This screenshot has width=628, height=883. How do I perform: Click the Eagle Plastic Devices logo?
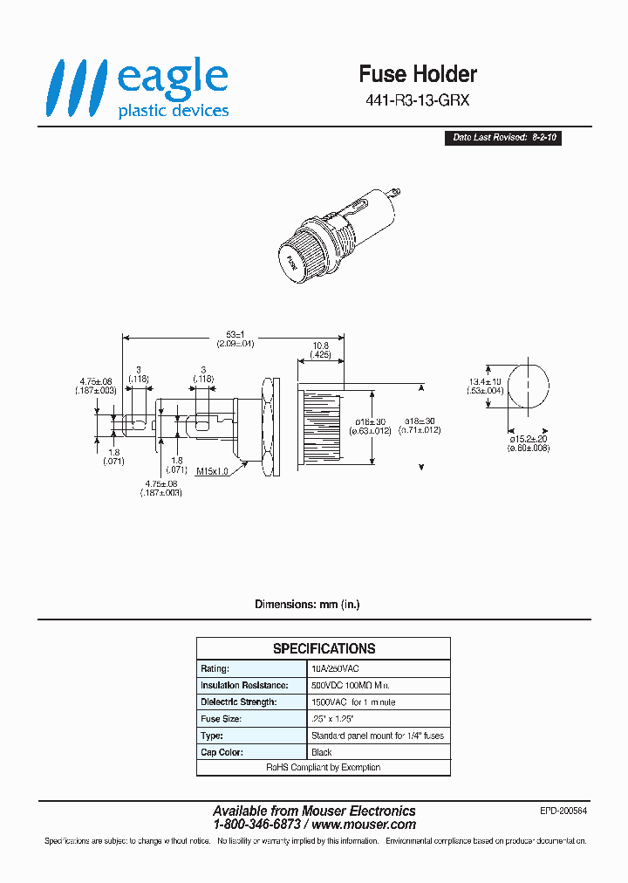138,88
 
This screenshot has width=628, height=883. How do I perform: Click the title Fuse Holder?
418,74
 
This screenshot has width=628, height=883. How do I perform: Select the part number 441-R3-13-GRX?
418,100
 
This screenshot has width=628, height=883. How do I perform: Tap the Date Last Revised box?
502,138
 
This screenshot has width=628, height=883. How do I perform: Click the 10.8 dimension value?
320,346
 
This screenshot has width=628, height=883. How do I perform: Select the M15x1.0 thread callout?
211,471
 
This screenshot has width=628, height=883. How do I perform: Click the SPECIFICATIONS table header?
324,648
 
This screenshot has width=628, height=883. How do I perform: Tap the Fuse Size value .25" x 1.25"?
331,719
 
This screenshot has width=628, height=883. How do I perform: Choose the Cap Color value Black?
322,752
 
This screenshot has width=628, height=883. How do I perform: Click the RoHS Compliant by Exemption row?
324,768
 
